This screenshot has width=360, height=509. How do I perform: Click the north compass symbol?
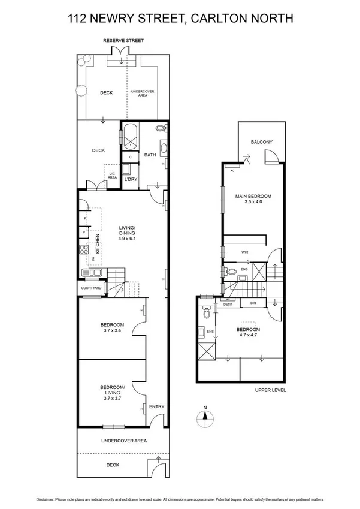(x=205, y=418)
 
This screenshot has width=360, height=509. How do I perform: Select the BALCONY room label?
(x=262, y=142)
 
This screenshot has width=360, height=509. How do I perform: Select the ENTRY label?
(x=156, y=407)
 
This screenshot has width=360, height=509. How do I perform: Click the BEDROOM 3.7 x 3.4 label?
(x=112, y=328)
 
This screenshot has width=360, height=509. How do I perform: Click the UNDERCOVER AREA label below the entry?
(x=124, y=441)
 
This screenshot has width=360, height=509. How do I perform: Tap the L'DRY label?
(x=131, y=179)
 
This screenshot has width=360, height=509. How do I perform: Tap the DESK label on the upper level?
(x=228, y=304)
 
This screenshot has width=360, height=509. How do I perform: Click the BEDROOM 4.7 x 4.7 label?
(x=248, y=333)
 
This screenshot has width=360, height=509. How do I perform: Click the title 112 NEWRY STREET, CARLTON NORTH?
(x=180, y=19)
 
